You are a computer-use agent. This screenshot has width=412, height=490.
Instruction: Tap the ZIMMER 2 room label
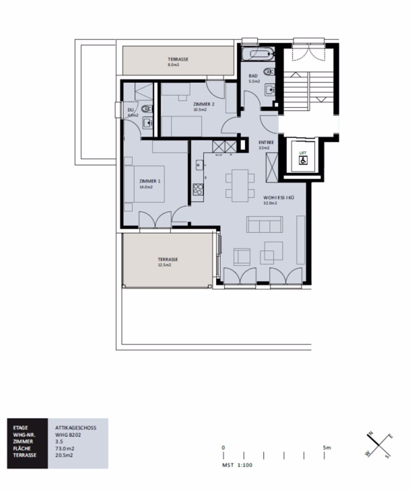[204, 104]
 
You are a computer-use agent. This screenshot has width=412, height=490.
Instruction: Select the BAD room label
[253, 76]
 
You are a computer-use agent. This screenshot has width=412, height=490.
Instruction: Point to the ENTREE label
[266, 142]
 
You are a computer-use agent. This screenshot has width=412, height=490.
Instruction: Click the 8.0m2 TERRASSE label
[178, 59]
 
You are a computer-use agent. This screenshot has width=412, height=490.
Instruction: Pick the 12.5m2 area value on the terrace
[164, 265]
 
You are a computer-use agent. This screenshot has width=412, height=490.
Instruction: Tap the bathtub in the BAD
[257, 54]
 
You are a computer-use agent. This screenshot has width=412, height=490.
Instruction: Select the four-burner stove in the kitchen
[198, 189]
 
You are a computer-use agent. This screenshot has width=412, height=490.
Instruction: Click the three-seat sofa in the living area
[265, 225]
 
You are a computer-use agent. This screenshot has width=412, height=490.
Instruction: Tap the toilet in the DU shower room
[147, 109]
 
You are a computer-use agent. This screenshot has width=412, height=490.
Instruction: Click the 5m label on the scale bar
[327, 447]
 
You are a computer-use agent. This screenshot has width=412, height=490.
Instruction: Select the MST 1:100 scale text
[237, 465]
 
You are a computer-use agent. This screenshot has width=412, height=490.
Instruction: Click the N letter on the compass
[370, 433]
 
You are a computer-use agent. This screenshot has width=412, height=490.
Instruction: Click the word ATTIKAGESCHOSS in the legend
[75, 427]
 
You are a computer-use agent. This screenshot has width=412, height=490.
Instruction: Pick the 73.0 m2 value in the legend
[65, 448]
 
